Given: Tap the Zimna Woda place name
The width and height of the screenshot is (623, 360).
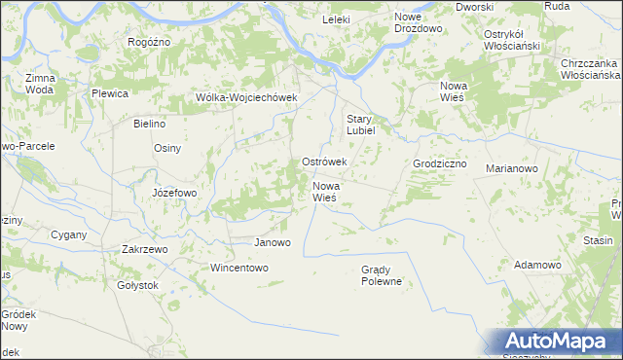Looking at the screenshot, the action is (x=40, y=83).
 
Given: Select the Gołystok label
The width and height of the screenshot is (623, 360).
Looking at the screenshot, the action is (x=137, y=285).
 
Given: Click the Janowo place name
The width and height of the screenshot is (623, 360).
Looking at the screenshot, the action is (x=272, y=242).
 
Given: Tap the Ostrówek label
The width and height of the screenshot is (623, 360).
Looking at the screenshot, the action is (x=324, y=162).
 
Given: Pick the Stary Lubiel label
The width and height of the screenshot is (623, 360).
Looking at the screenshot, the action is (x=368, y=126).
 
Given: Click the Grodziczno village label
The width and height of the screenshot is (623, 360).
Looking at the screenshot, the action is (x=440, y=164).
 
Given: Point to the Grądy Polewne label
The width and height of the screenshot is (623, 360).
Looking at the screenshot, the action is (x=381, y=275).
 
